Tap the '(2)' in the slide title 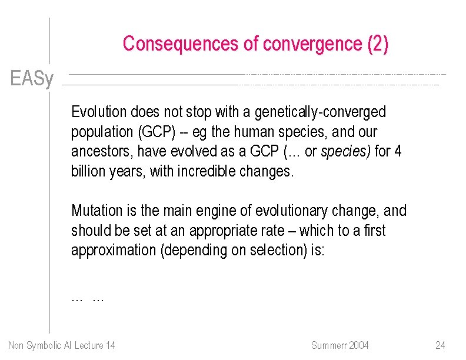coord(377,45)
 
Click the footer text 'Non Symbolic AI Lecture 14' coord(62,345)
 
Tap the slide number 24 coord(440,345)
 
